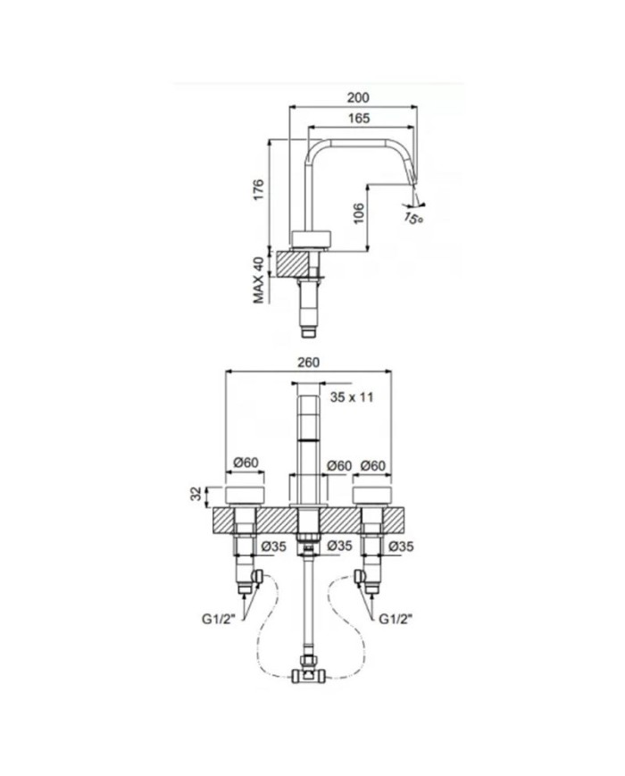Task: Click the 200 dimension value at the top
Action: point(358,97)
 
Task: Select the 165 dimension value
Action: point(359,118)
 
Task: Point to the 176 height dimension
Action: point(259,189)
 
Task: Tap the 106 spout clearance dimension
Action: point(359,213)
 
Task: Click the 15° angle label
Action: point(413,217)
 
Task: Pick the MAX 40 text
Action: point(259,280)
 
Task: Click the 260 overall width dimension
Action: point(308,363)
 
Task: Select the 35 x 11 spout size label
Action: point(353,396)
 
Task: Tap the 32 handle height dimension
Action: point(197,494)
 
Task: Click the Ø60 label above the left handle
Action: point(246,463)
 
